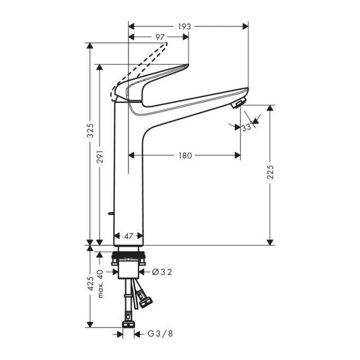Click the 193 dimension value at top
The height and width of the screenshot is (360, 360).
pyautogui.click(x=184, y=26)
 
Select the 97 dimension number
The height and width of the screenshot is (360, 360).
pyautogui.click(x=159, y=37)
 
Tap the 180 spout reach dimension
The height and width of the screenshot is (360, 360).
pyautogui.click(x=185, y=156)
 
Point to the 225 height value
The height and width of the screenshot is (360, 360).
pyautogui.click(x=271, y=173)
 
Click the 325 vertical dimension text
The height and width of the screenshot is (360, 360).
pyautogui.click(x=90, y=130)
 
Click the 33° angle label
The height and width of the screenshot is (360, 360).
pyautogui.click(x=247, y=128)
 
